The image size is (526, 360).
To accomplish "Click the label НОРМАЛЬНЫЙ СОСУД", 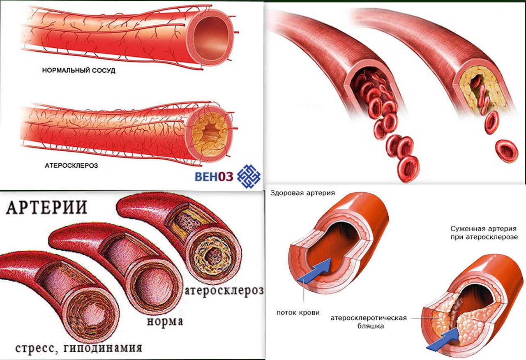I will [x=78, y=71].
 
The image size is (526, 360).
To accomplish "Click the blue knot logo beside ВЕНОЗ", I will [x=248, y=176].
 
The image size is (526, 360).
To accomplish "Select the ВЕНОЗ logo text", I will [x=214, y=177].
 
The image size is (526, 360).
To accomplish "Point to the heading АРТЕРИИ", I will [x=46, y=207].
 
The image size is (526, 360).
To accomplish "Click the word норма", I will [x=164, y=321].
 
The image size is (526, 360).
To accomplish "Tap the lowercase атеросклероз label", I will [x=224, y=291].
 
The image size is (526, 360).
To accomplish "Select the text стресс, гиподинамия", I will [x=78, y=348].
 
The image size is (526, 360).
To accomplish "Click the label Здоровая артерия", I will [x=302, y=193].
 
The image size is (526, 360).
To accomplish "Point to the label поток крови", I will [x=298, y=312].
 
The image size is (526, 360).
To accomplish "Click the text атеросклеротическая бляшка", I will [x=368, y=322].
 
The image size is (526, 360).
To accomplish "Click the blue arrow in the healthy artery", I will [x=315, y=271].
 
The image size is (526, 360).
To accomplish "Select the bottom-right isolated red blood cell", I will [x=506, y=151].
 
